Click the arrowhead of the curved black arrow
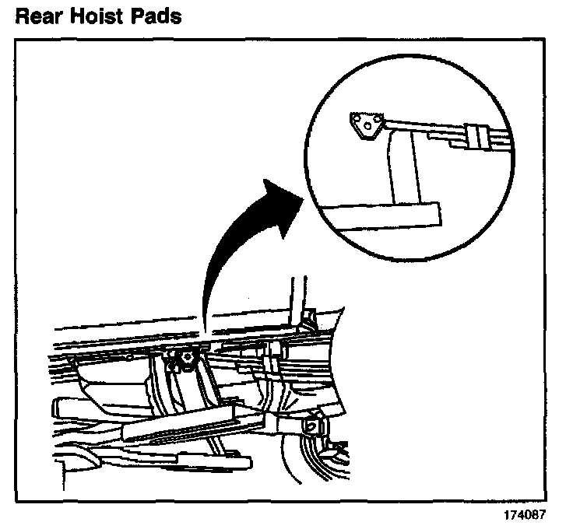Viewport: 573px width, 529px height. (282, 197)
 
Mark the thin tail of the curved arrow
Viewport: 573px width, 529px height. (204, 311)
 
